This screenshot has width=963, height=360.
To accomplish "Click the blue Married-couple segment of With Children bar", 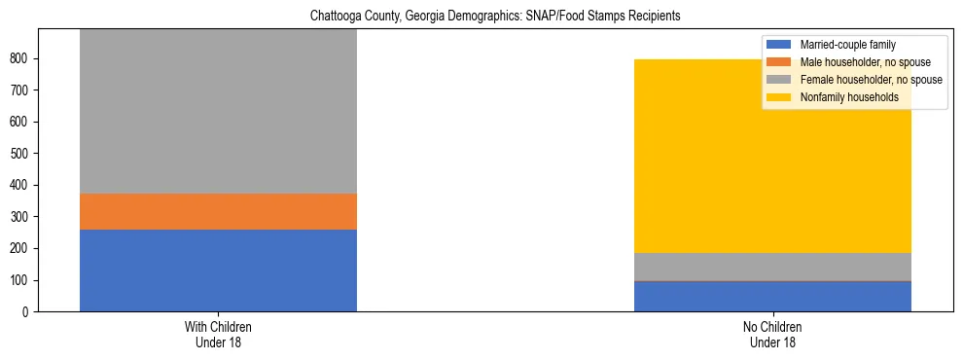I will click(218, 270).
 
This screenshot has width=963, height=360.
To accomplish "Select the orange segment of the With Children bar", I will click(218, 211).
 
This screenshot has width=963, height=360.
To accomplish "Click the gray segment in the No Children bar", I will click(772, 267).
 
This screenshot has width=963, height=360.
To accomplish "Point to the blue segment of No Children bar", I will click(772, 297).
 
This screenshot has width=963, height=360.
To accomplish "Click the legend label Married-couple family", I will click(847, 45).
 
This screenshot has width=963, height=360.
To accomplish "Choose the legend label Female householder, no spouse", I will click(871, 80).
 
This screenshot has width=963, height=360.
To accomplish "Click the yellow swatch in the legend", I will click(779, 97).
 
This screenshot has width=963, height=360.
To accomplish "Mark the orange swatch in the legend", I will click(779, 62).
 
